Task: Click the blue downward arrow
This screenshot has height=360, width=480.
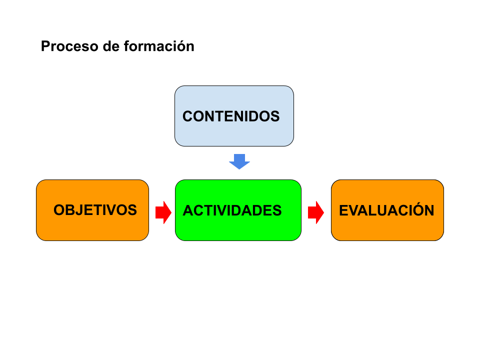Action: tap(239, 161)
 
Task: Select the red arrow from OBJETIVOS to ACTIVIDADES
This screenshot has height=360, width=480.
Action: tap(163, 212)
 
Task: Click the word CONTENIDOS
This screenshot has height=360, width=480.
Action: tap(231, 116)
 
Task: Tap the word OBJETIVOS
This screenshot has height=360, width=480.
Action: tap(95, 210)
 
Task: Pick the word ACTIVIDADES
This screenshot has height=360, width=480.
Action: tap(232, 210)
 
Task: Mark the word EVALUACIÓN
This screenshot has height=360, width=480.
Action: tap(386, 210)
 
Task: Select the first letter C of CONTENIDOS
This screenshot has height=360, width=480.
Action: tap(187, 116)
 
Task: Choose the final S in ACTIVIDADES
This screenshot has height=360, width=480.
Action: tap(277, 210)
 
